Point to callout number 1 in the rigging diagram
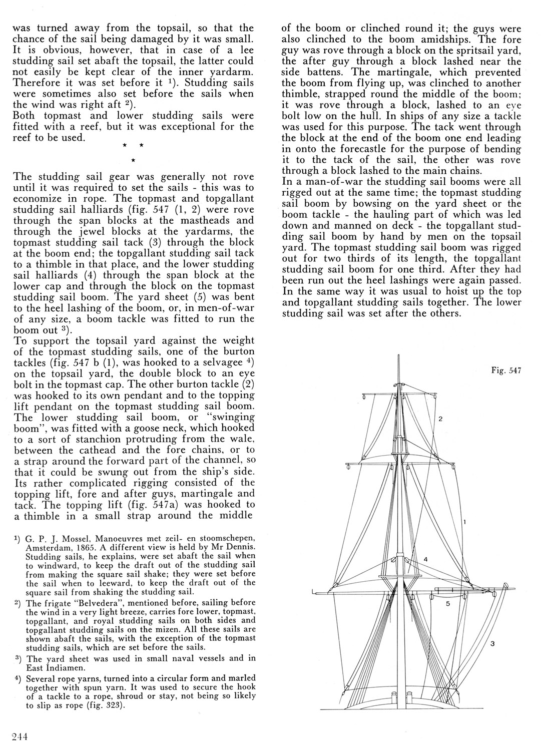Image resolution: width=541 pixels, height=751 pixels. click(x=465, y=522)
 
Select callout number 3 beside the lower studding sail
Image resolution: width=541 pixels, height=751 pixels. click(x=491, y=644)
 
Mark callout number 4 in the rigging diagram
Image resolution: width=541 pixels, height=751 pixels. click(x=425, y=559)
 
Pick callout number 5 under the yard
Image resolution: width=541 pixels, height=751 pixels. click(x=448, y=604)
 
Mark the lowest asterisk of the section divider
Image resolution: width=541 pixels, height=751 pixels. click(x=132, y=160)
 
